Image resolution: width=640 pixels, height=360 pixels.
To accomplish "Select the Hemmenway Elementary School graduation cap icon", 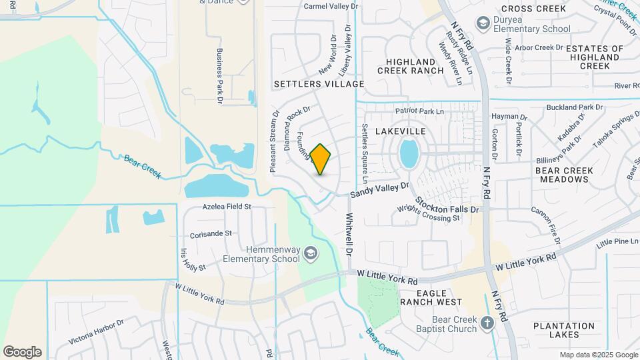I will click(x=311, y=253).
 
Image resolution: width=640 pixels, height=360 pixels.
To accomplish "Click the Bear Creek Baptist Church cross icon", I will click(x=487, y=323).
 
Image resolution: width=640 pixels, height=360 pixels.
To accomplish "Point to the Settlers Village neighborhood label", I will click(x=319, y=84).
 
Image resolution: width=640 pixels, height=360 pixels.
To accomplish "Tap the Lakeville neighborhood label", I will click(x=400, y=131).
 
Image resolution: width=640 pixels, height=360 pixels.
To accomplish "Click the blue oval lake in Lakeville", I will click(x=409, y=154).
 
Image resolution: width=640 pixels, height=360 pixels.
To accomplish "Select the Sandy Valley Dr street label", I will click(x=380, y=191).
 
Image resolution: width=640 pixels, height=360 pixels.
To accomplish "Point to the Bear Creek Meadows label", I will click(x=564, y=175).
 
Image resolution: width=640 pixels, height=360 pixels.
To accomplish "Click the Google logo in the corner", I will click(x=22, y=351).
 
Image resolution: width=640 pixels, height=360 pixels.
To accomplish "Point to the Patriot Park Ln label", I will click(x=419, y=111).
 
